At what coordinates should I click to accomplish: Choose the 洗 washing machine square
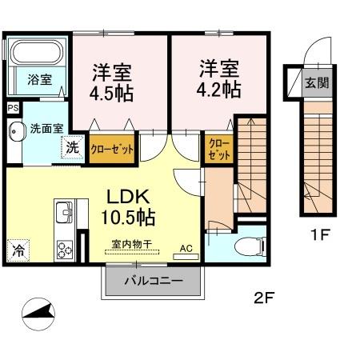[x=72, y=147]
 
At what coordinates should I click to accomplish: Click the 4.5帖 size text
[x=111, y=92]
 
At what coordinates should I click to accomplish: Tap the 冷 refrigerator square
[x=18, y=250]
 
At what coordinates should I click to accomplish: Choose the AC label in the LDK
[x=186, y=249]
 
